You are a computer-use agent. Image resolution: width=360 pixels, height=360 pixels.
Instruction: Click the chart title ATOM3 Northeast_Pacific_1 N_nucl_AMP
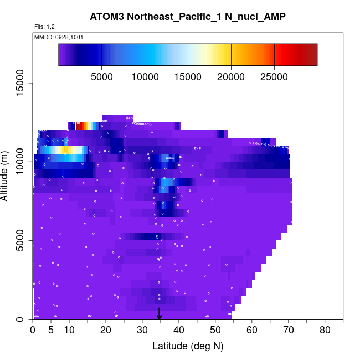188,17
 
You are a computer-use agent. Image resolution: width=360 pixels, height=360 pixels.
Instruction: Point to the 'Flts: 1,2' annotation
45,27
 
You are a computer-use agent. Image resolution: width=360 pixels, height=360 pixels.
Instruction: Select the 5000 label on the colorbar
101,76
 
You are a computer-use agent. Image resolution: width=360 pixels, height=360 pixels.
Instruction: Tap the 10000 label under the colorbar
145,76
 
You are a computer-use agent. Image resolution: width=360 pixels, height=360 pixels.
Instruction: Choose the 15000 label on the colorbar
188,76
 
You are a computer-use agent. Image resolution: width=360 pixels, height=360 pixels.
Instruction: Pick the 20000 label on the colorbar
231,76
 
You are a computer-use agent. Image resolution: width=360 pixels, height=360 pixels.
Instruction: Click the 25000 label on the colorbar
274,76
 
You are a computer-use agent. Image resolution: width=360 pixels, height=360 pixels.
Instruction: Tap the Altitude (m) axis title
9,175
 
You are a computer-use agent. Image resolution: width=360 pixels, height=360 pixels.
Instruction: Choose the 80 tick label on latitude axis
325,331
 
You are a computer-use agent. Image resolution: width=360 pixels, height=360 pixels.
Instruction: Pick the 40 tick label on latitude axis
179,331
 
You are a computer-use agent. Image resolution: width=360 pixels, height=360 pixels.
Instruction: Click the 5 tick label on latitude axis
51,331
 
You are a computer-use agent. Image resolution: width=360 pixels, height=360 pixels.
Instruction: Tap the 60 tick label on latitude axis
252,331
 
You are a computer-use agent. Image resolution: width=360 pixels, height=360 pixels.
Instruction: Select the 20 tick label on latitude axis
106,331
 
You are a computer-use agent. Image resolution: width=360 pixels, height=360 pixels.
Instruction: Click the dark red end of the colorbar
313,55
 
